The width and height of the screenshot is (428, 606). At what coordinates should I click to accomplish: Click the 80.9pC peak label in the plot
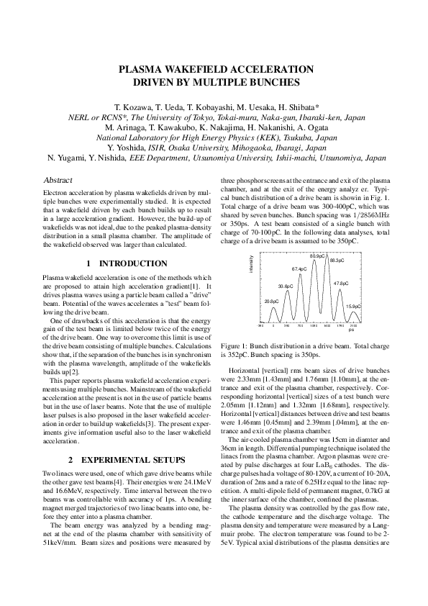click(x=318, y=255)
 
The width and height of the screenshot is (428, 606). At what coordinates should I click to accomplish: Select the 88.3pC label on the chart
click(x=337, y=260)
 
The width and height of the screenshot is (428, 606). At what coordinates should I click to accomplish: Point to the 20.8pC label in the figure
click(x=271, y=301)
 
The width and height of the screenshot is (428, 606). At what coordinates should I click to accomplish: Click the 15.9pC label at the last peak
click(x=353, y=306)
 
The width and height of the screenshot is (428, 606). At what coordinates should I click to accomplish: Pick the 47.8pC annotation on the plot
click(x=341, y=284)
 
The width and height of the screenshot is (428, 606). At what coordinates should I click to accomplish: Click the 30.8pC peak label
click(x=286, y=286)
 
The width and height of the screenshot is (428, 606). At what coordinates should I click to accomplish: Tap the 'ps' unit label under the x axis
click(x=351, y=330)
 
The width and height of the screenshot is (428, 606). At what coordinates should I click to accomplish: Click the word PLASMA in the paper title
click(x=144, y=70)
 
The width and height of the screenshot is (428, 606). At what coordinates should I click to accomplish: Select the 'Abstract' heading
click(x=58, y=180)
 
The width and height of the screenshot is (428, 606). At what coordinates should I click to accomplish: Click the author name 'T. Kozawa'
click(x=127, y=106)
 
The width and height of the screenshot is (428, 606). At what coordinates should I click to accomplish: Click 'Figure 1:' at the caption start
click(x=235, y=345)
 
